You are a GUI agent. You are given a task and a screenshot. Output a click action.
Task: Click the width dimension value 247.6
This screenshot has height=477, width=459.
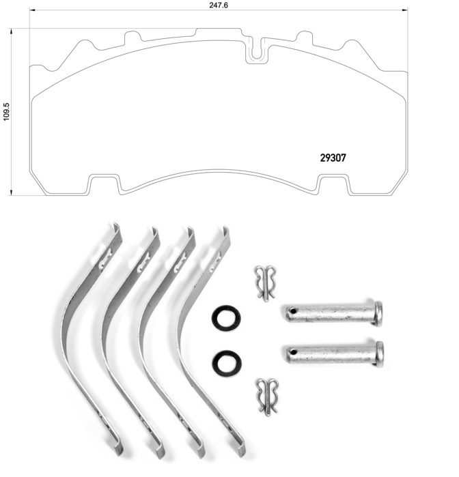219,5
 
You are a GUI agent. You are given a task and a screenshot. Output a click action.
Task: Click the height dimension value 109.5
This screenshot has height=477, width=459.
6,112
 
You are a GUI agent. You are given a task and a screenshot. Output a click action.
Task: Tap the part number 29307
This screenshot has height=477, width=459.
333,158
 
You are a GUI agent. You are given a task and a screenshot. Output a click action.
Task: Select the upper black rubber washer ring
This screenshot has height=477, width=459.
226,318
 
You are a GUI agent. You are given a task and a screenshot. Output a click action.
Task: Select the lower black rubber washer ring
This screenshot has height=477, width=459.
227,364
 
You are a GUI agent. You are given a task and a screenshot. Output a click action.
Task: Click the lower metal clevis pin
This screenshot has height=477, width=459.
335,354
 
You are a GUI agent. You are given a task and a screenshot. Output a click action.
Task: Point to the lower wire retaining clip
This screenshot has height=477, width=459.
268,396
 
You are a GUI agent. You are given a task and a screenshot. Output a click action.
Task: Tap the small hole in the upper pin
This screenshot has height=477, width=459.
293,311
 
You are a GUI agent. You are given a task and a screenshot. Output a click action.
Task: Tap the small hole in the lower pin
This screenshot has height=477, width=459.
294,353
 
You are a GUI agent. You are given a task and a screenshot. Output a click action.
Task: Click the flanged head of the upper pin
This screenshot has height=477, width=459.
378,314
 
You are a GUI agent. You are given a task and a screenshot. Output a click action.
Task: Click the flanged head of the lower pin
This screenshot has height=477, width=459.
380,354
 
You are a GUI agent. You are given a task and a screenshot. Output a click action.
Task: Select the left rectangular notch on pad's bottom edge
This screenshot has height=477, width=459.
104,184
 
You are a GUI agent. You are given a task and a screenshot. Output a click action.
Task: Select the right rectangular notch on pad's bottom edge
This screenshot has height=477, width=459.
333,184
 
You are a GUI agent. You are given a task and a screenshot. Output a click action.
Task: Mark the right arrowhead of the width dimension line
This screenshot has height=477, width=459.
405,10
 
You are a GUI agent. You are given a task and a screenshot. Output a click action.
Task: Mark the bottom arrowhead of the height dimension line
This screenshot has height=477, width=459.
11,192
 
